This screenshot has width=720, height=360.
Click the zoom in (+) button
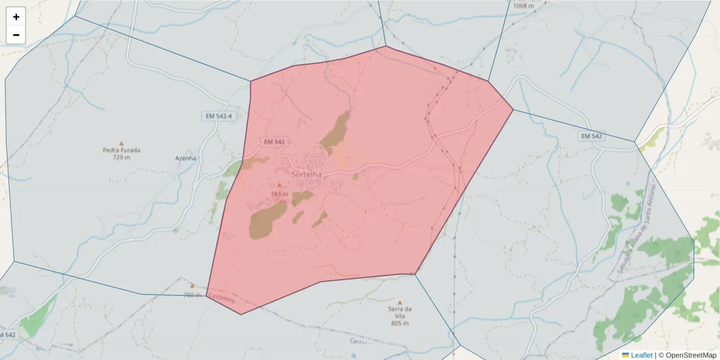tap(16, 17)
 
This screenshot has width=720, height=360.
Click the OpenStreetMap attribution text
tap(687, 355)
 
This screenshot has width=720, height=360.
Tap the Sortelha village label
tap(306, 174)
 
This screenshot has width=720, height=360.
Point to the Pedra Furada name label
tap(121, 150)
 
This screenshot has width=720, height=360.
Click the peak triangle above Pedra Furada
tap(121, 143)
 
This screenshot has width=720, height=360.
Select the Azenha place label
tap(185, 158)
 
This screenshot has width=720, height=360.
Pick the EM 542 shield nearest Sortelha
tap(274, 142)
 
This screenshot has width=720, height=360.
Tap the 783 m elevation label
tap(279, 194)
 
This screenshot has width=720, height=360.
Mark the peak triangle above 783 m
tap(279, 185)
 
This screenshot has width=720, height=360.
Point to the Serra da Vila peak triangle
tap(400, 302)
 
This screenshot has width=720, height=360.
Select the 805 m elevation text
tap(400, 323)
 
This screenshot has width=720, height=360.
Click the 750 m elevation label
tap(192, 295)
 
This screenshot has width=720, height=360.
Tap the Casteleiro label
tap(222, 299)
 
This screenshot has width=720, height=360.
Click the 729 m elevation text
tap(121, 157)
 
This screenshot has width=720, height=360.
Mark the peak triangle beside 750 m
tap(192, 286)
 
